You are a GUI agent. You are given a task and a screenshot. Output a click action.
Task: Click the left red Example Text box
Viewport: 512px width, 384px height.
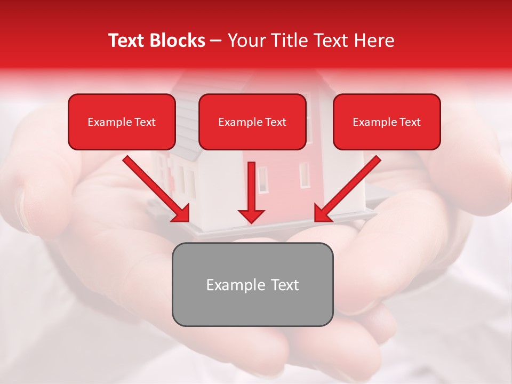pos(122,122)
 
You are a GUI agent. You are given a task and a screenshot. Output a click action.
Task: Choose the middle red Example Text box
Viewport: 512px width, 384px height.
pos(252,122)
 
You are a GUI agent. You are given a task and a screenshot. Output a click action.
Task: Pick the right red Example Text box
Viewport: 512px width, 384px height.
pos(387,122)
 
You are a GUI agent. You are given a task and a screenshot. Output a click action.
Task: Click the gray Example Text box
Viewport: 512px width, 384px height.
pos(252,284)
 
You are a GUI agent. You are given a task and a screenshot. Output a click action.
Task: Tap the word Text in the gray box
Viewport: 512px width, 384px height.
pos(284,285)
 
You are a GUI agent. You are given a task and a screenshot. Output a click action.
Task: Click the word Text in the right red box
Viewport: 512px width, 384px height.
pos(410,122)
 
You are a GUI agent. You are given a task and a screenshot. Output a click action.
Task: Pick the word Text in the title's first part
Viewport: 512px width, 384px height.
pos(126,41)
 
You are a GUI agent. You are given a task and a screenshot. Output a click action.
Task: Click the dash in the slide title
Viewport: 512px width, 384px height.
pos(216,41)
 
